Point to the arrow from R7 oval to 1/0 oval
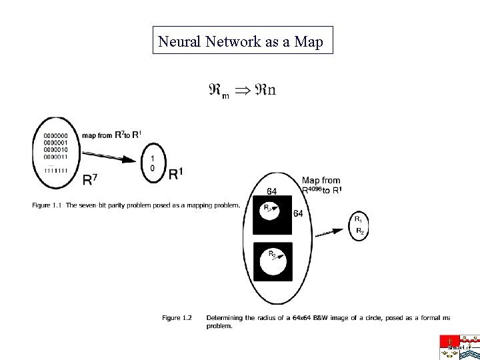pos(113,155)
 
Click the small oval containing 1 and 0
pos(153,163)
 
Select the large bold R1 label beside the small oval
pos(176,173)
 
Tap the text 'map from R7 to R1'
pos(111,135)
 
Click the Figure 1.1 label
pos(45,205)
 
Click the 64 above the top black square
pos(272,193)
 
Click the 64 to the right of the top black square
pos(299,213)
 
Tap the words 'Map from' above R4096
pos(321,180)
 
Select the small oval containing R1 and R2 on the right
pos(359,225)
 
